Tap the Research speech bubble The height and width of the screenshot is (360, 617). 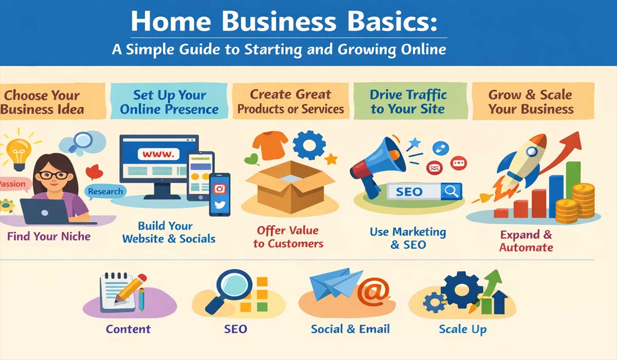click(x=105, y=192)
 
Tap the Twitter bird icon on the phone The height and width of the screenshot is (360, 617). click(x=220, y=205)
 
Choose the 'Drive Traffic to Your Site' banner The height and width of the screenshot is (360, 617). click(x=409, y=102)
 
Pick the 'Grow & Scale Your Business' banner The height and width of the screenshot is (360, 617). click(x=530, y=102)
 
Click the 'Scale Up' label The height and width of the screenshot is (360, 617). click(x=462, y=329)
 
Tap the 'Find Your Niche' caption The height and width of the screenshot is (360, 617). click(x=49, y=237)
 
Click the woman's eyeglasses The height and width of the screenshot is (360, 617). click(x=53, y=175)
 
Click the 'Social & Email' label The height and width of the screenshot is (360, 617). click(x=350, y=329)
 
